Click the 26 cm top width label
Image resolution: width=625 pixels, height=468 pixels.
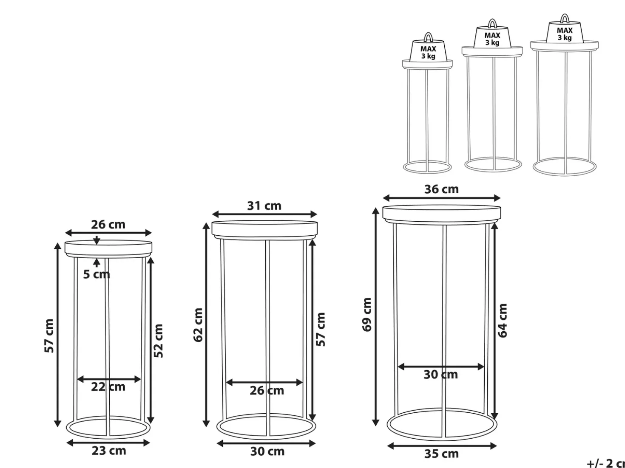pyautogui.click(x=108, y=225)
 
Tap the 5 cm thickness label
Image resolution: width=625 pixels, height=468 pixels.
pyautogui.click(x=97, y=274)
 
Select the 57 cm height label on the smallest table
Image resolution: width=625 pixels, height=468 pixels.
pyautogui.click(x=49, y=336)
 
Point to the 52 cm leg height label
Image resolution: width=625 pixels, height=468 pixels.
pyautogui.click(x=158, y=341)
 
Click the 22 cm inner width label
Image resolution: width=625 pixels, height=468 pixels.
pyautogui.click(x=108, y=387)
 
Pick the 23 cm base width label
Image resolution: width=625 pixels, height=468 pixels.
pyautogui.click(x=109, y=451)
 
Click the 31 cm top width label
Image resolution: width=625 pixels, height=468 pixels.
pyautogui.click(x=264, y=206)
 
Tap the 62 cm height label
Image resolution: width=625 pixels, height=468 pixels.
pyautogui.click(x=198, y=325)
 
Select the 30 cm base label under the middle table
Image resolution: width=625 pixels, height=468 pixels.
pyautogui.click(x=267, y=451)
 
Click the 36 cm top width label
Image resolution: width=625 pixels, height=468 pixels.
pyautogui.click(x=442, y=189)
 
